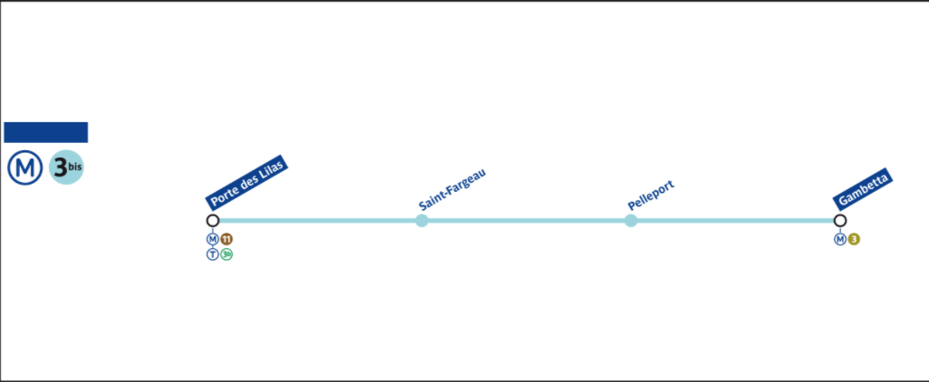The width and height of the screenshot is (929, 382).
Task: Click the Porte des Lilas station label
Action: point(247,182)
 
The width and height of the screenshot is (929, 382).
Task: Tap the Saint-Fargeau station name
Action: point(452,189)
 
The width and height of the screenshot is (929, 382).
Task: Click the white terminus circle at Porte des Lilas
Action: point(213,220)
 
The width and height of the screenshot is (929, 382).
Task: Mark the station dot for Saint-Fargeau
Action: point(421,220)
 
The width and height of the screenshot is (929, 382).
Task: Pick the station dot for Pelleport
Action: point(631,220)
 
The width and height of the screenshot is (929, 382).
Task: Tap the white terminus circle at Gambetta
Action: point(840,220)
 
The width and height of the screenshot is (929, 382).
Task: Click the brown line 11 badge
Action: point(227,239)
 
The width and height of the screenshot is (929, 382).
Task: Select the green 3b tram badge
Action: point(227,254)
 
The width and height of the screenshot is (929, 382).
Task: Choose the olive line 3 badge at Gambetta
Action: point(854,239)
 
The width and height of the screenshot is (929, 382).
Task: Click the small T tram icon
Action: point(212,254)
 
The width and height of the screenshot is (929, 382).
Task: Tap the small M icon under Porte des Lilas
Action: point(212,239)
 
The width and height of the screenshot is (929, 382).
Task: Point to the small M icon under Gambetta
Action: point(840,239)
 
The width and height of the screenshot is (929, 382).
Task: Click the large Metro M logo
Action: point(24,167)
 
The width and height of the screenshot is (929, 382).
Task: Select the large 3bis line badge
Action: point(66,167)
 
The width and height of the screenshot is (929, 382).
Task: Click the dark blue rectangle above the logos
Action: point(45,132)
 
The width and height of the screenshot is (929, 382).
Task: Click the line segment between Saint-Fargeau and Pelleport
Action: point(526,220)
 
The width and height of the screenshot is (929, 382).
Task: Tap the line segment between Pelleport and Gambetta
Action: point(735,220)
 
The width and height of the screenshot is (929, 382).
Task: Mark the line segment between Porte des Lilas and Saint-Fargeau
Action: point(317,220)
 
